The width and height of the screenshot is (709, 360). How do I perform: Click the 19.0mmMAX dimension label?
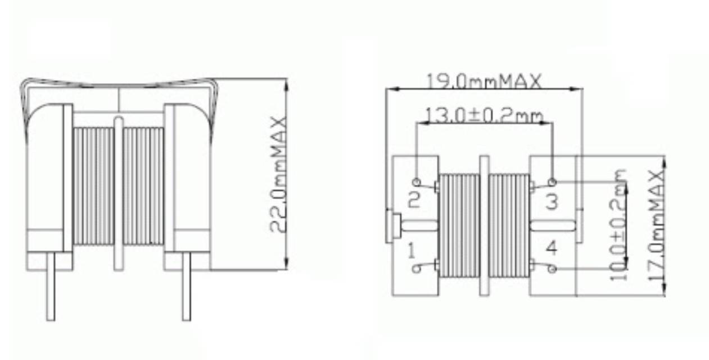(x=484, y=81)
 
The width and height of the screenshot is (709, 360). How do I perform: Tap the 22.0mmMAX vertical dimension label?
(x=278, y=175)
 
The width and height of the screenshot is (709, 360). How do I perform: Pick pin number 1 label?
(x=412, y=250)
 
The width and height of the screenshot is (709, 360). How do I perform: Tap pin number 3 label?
(x=552, y=202)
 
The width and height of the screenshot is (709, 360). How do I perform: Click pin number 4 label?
(x=552, y=247)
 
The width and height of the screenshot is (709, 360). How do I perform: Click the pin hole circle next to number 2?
(x=417, y=182)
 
